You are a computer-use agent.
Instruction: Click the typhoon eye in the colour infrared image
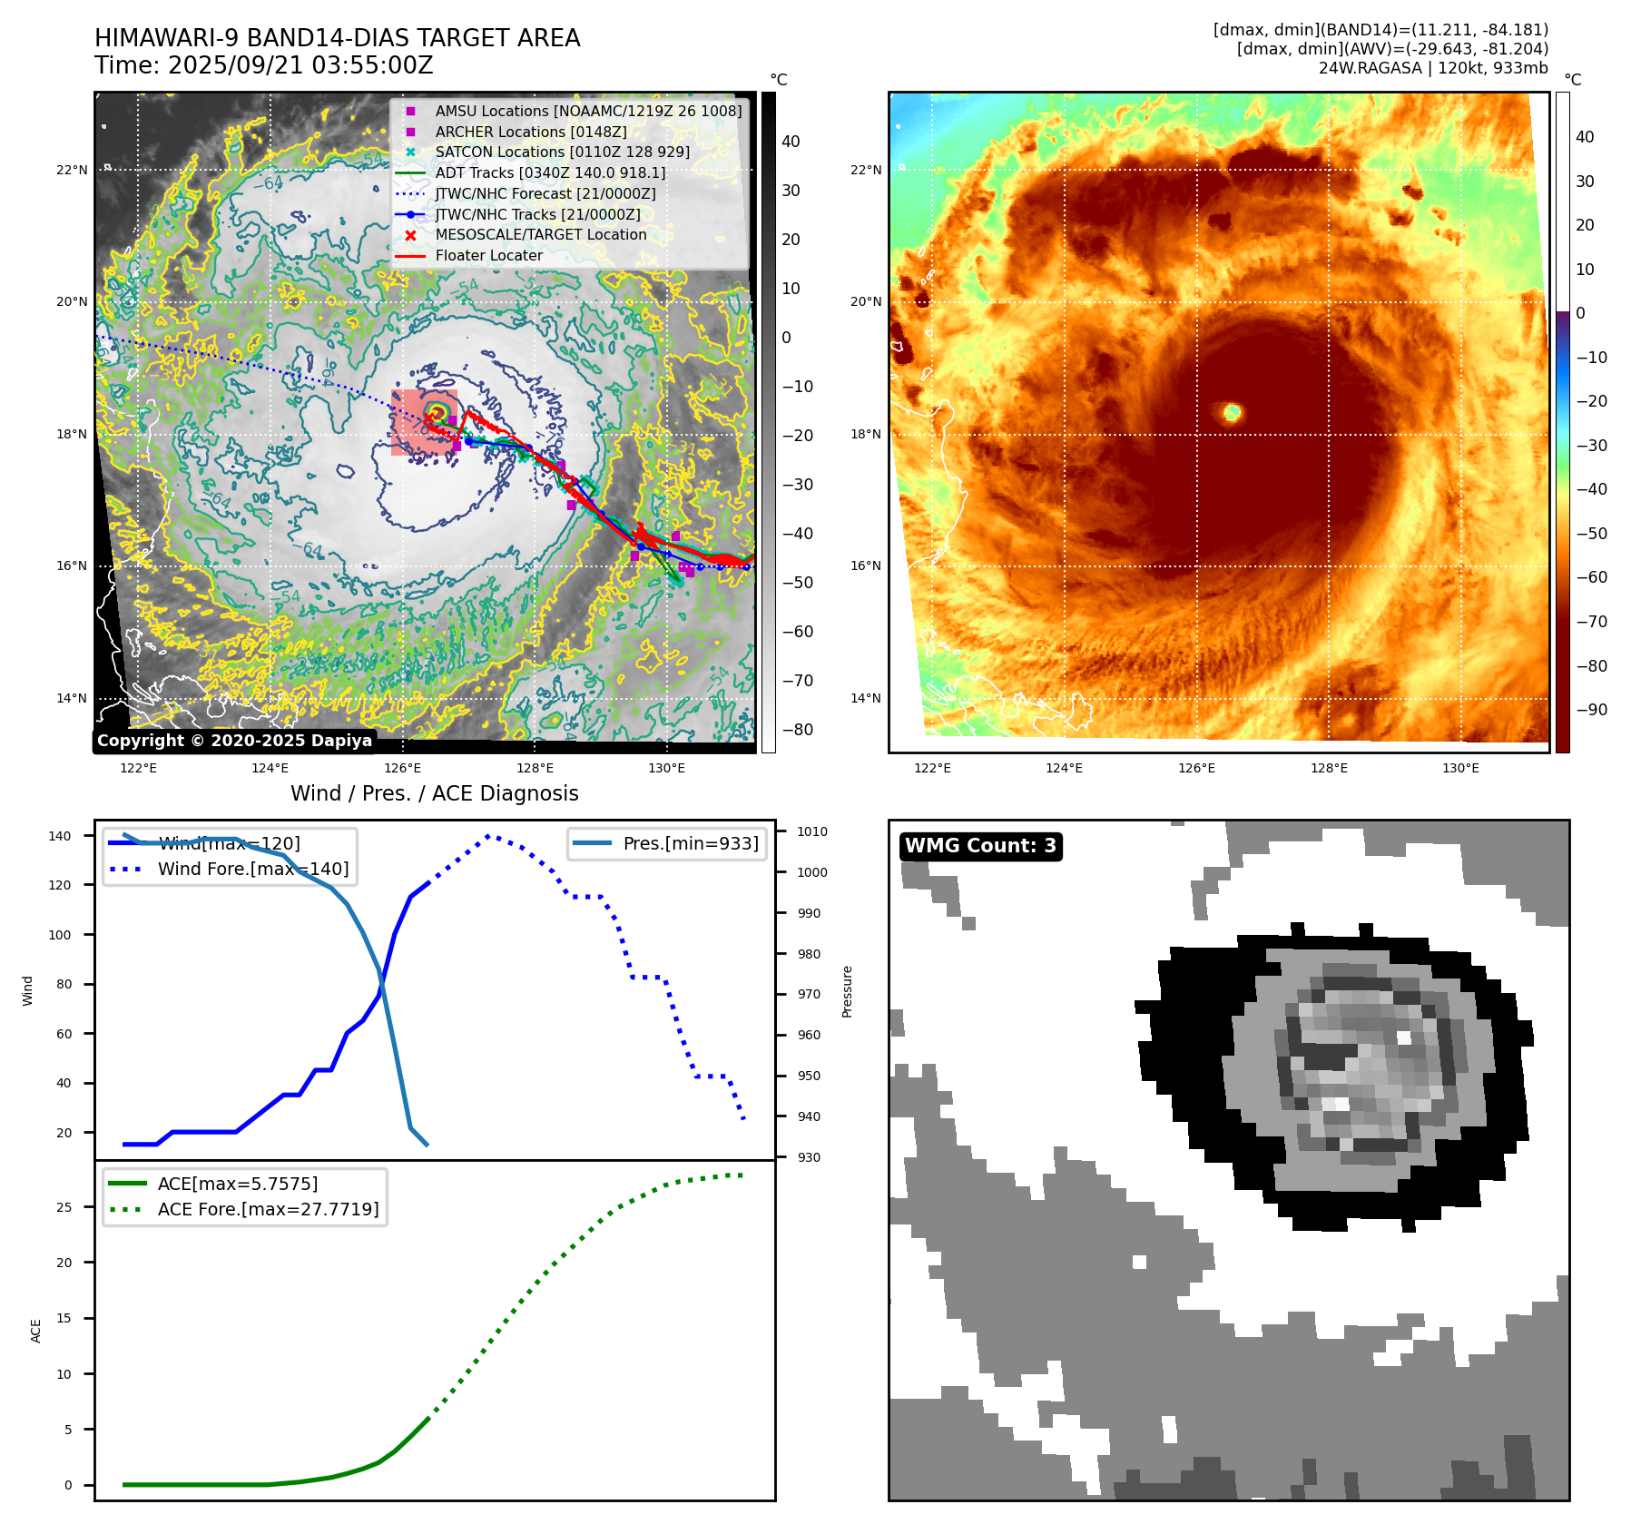pyautogui.click(x=1232, y=413)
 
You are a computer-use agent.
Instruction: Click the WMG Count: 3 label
pyautogui.click(x=980, y=846)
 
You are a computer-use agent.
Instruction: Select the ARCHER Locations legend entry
pyautogui.click(x=531, y=132)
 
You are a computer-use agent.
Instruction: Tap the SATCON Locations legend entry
pyautogui.click(x=562, y=152)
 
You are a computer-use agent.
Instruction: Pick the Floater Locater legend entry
pyautogui.click(x=488, y=255)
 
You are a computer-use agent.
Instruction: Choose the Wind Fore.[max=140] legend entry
pyautogui.click(x=253, y=869)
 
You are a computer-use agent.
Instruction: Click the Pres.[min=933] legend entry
pyautogui.click(x=691, y=843)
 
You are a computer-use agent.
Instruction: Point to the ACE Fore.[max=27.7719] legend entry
pyautogui.click(x=268, y=1209)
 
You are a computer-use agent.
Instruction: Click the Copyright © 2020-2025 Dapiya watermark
pyautogui.click(x=234, y=741)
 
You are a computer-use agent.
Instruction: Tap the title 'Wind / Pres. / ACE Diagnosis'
pyautogui.click(x=435, y=793)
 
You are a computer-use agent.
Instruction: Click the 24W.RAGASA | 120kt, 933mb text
pyautogui.click(x=1433, y=68)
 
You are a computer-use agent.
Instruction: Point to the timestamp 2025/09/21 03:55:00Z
pyautogui.click(x=300, y=65)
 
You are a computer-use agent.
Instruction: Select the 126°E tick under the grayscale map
pyautogui.click(x=402, y=768)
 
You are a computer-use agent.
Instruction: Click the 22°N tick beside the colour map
pyautogui.click(x=865, y=170)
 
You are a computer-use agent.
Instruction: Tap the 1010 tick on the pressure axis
pyautogui.click(x=812, y=831)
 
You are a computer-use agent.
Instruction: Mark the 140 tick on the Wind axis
pyautogui.click(x=60, y=836)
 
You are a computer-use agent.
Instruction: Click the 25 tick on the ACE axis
pyautogui.click(x=64, y=1207)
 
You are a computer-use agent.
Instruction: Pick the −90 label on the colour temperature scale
pyautogui.click(x=1591, y=710)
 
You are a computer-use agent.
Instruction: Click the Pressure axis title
pyautogui.click(x=847, y=991)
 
